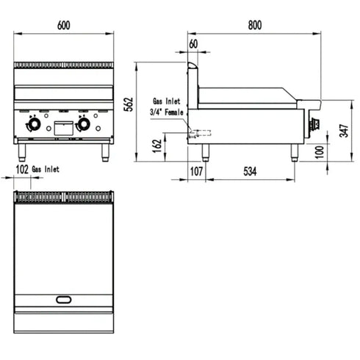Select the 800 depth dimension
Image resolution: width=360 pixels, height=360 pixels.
point(253,24)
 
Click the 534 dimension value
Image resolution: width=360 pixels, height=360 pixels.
point(251,171)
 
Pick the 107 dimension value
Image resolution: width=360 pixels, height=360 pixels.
point(195,171)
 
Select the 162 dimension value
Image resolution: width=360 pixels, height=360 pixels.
point(157,145)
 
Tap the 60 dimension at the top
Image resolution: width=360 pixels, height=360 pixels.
point(193,45)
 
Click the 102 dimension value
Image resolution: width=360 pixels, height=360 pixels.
point(22,169)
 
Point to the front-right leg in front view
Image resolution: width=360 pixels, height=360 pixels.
point(105,150)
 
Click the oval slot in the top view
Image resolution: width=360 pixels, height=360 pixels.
point(65,298)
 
